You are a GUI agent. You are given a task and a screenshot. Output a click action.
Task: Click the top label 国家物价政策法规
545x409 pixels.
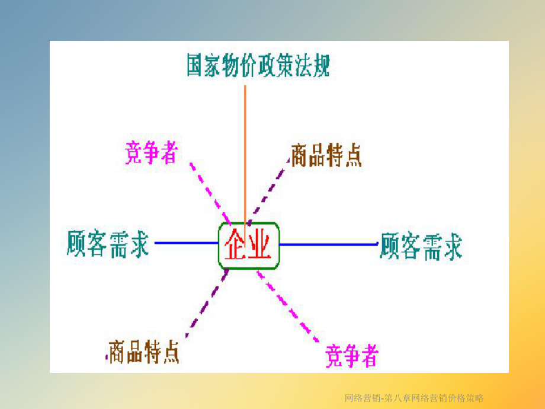pyautogui.click(x=258, y=66)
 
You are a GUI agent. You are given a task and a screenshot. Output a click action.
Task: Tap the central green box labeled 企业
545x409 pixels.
pyautogui.click(x=249, y=245)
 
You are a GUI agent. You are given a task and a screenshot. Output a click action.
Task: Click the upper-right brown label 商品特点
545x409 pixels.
pyautogui.click(x=326, y=156)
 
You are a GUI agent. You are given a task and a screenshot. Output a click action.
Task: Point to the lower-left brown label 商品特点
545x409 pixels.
pyautogui.click(x=143, y=352)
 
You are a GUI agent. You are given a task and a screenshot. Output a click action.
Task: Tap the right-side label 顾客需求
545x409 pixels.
pyautogui.click(x=421, y=245)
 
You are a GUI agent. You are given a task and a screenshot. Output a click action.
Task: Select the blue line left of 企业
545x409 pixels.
pyautogui.click(x=186, y=243)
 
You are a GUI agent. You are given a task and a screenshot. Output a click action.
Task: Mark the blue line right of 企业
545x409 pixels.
pyautogui.click(x=328, y=244)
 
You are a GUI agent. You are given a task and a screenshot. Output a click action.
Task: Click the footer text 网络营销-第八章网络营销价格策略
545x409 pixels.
pyautogui.click(x=414, y=398)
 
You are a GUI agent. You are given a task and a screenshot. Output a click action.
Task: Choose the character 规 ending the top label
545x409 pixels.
pyautogui.click(x=320, y=66)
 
